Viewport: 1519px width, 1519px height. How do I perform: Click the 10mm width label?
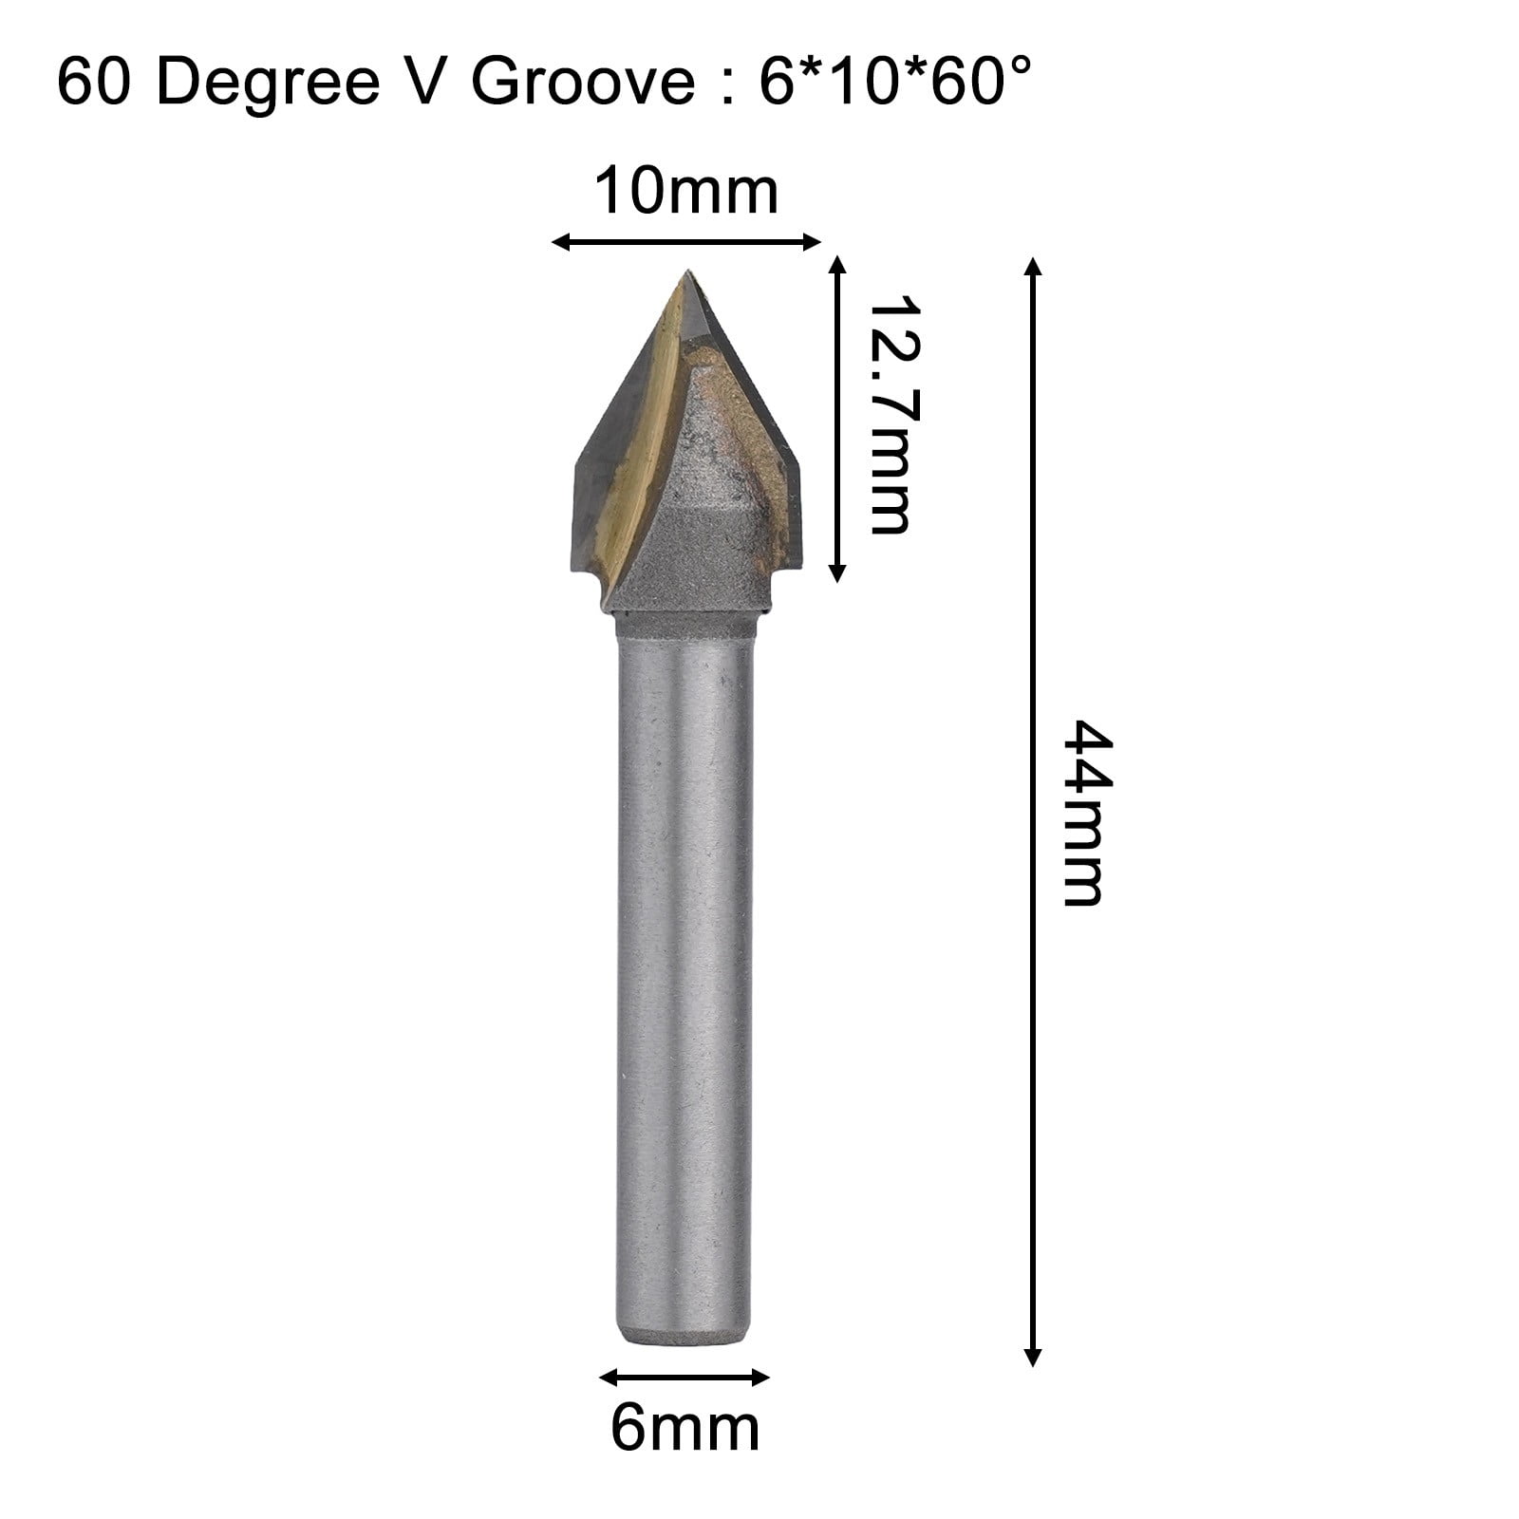685,192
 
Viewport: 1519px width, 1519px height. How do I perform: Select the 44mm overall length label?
1083,813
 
